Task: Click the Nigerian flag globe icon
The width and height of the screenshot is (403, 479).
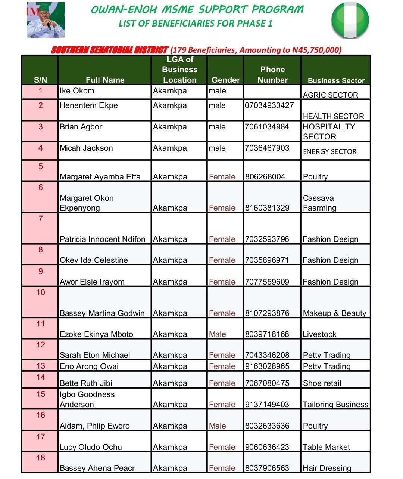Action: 350,20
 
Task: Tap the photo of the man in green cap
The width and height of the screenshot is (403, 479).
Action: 46,20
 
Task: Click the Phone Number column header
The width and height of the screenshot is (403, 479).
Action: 272,74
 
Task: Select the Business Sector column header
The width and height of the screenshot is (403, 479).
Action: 336,80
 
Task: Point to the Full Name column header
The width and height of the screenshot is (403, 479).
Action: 105,80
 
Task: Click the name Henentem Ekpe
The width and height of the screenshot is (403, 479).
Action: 89,106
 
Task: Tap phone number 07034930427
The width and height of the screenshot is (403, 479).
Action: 269,106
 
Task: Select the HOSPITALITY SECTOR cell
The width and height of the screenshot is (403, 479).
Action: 329,132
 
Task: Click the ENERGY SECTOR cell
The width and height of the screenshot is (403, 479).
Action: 330,152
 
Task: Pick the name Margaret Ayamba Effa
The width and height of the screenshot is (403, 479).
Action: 100,177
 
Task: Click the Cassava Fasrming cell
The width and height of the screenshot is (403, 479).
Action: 320,203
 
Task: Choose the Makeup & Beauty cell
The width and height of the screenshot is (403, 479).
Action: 334,313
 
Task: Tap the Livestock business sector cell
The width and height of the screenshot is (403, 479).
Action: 319,334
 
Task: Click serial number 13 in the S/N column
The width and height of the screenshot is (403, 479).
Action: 41,366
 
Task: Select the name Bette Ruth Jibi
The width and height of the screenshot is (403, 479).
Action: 86,383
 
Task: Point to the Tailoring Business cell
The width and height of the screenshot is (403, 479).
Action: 335,405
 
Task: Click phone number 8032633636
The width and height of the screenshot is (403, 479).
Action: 267,426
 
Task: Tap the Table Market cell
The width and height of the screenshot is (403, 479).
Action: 326,447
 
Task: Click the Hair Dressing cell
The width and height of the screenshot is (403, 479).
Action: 327,468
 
